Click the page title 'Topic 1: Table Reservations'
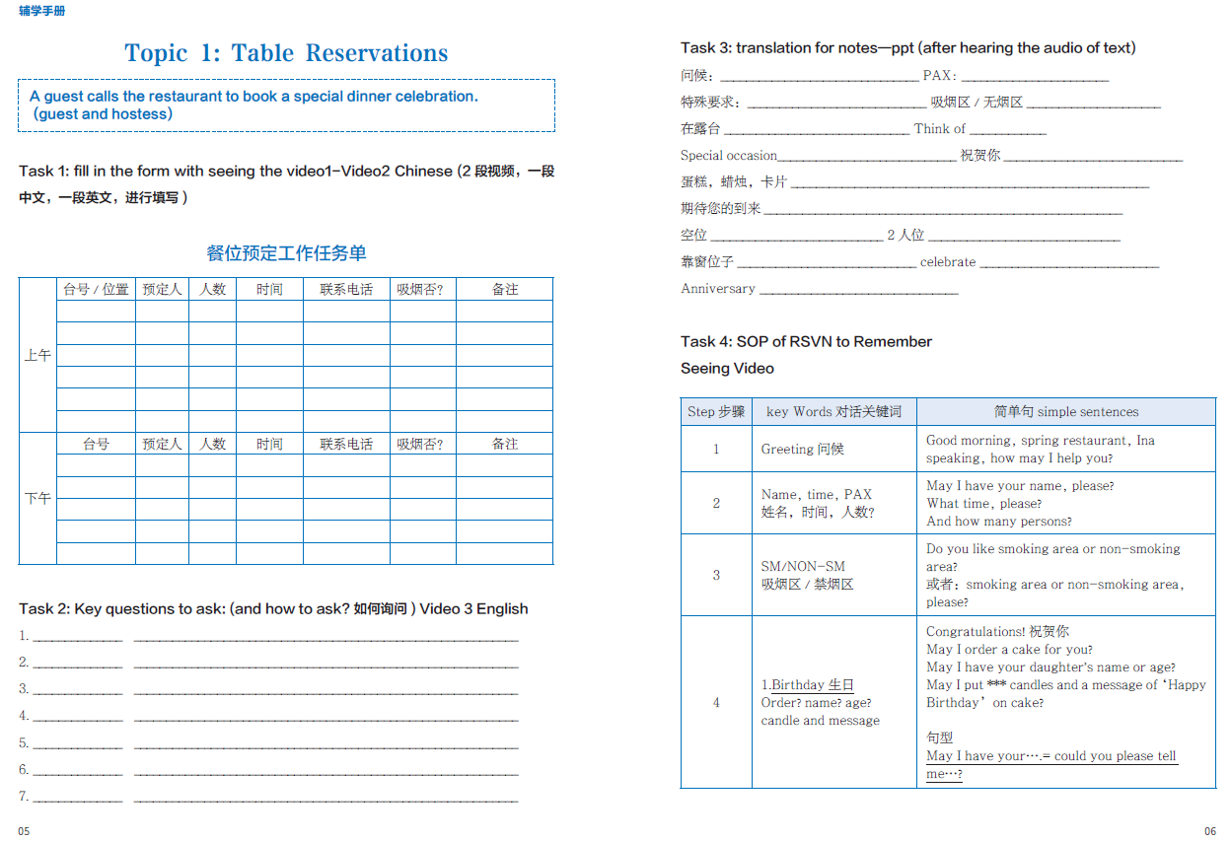[286, 53]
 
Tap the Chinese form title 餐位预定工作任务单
[286, 253]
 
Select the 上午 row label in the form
[37, 355]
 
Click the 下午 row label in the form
[37, 499]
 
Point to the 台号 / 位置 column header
[96, 290]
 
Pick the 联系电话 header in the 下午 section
[346, 445]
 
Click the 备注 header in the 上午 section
[505, 290]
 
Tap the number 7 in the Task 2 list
[24, 797]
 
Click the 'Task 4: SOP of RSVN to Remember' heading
[806, 342]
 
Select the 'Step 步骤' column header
[716, 412]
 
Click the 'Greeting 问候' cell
[802, 450]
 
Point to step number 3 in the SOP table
[716, 576]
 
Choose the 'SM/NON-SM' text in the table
[802, 567]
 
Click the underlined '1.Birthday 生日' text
[808, 685]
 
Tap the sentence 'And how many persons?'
[998, 522]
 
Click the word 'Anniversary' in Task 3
[717, 289]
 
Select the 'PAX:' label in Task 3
[939, 76]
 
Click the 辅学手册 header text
[42, 11]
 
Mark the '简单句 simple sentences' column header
[1065, 412]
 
